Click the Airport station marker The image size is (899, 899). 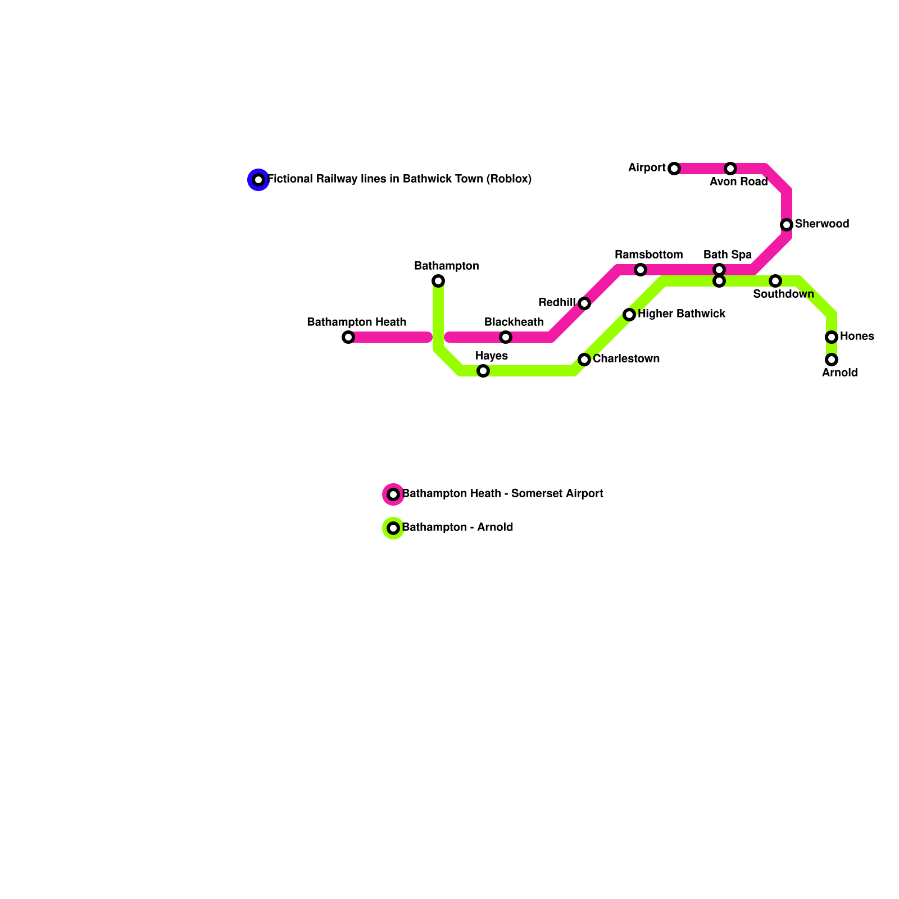click(x=674, y=169)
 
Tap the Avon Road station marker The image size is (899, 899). click(x=730, y=169)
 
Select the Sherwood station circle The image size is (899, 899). click(x=787, y=225)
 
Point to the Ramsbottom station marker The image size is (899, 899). click(x=641, y=270)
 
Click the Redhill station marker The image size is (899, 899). click(x=584, y=303)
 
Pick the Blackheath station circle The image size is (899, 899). click(x=506, y=337)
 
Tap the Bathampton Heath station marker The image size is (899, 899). click(x=348, y=337)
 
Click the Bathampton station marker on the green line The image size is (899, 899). click(x=438, y=281)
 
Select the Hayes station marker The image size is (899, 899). click(x=483, y=371)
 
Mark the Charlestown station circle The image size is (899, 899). click(x=584, y=360)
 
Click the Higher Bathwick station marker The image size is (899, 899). click(x=629, y=315)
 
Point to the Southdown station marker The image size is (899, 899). click(x=775, y=281)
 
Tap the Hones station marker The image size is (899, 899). click(x=832, y=337)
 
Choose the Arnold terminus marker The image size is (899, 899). click(x=832, y=360)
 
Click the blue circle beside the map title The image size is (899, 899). click(x=258, y=180)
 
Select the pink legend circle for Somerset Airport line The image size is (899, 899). click(x=393, y=494)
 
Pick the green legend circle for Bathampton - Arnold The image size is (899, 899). click(x=393, y=528)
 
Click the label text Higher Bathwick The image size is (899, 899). click(x=681, y=314)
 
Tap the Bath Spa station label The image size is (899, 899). click(x=727, y=255)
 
